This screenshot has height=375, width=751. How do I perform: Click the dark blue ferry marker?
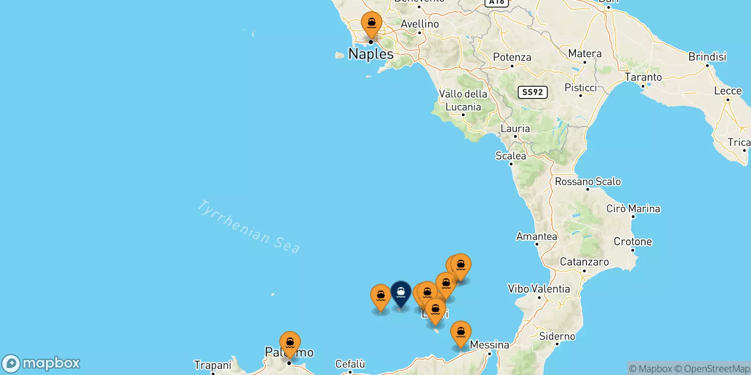coord(401,292)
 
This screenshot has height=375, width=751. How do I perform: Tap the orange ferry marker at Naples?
coord(371,23)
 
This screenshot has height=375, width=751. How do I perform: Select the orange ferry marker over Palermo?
coord(290,343)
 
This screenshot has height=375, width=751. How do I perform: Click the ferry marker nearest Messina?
coord(460,333)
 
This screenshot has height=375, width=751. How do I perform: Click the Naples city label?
coord(371,54)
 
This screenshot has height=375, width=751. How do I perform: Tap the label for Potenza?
coord(512,57)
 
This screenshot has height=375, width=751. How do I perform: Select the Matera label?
coord(585,53)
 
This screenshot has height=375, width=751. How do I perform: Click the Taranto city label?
coord(643,77)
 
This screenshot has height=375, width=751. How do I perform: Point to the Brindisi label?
coord(707,57)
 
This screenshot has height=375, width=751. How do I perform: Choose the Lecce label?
coord(728,90)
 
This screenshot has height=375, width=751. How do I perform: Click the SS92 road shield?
coord(533,92)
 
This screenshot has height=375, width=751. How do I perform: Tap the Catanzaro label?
coord(584,262)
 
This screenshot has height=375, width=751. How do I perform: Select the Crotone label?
coord(633,241)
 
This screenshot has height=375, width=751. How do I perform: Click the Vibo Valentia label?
coord(539,289)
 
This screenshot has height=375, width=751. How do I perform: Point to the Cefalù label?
coord(350,364)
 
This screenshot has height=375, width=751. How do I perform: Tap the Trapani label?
coord(213,365)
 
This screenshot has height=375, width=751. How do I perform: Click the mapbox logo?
coord(41,363)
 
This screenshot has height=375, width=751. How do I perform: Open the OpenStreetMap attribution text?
coord(716,369)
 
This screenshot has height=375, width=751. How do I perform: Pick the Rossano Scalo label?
coord(588,181)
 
